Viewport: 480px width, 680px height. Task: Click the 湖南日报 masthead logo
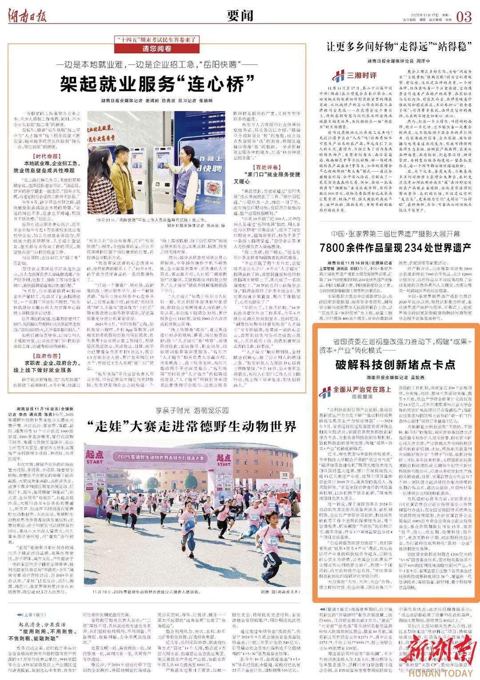click(x=27, y=16)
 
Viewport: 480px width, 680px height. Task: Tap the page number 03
click(x=464, y=17)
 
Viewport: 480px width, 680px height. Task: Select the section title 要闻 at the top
click(x=240, y=16)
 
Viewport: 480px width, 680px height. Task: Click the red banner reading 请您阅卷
click(x=156, y=48)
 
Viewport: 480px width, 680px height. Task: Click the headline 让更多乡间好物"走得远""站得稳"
click(x=399, y=46)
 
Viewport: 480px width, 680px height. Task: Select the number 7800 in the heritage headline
click(x=332, y=248)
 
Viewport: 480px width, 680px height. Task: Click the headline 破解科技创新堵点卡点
click(x=395, y=365)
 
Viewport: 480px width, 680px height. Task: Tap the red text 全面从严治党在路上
click(x=362, y=390)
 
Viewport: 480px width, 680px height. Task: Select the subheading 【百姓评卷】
click(x=267, y=167)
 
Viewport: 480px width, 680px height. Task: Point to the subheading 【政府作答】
click(x=46, y=356)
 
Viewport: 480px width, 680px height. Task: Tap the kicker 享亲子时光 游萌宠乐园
click(x=192, y=410)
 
